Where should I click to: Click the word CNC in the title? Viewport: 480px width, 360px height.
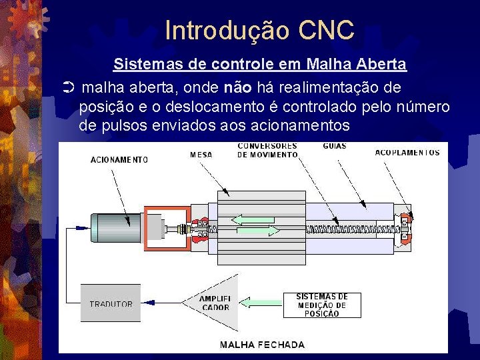click(327, 31)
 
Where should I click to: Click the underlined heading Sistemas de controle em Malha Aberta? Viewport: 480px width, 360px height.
click(259, 65)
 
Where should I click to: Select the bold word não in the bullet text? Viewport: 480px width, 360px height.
click(239, 88)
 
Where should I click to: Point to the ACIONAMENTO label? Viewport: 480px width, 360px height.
click(119, 159)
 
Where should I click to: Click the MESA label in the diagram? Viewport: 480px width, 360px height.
click(201, 155)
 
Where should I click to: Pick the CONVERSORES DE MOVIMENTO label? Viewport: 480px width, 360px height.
click(267, 150)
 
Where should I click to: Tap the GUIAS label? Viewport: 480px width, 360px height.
click(334, 147)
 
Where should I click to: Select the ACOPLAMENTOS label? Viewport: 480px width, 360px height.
click(407, 153)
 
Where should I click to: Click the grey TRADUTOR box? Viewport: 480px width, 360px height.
click(111, 303)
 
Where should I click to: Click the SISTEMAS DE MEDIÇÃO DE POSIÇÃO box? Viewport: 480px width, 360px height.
click(322, 305)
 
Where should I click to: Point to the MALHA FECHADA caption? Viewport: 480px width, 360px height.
click(262, 345)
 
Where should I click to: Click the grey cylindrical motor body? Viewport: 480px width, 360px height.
click(117, 226)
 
